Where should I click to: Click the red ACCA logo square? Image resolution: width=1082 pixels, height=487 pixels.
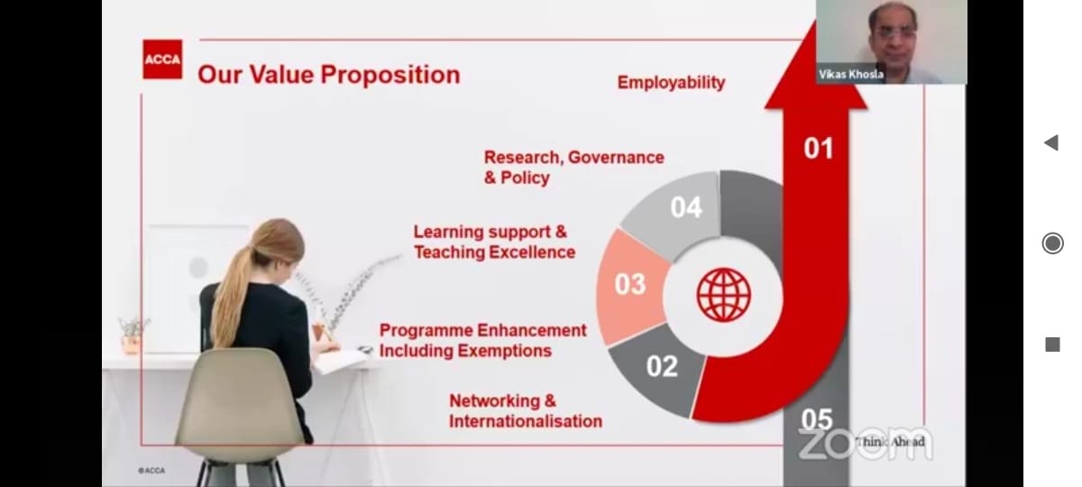162,59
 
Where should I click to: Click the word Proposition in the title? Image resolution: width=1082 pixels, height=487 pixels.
390,76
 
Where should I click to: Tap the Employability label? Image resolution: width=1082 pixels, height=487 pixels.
671,83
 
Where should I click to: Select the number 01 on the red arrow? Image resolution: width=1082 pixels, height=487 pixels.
819,148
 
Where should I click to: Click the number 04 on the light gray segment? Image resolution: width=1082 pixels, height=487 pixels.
686,207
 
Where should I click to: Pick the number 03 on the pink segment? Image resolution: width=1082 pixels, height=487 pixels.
630,284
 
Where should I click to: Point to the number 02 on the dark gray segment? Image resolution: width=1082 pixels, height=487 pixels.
662,366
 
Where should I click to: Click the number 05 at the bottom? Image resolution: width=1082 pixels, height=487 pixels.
817,418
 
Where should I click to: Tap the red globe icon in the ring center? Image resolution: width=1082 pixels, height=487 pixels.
723,295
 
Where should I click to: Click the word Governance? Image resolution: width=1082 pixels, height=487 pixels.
616,158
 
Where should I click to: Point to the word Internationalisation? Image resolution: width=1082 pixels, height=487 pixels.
526,421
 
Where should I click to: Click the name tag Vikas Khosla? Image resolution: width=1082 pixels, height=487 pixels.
851,74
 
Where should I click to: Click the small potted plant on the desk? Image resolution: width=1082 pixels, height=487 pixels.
132,335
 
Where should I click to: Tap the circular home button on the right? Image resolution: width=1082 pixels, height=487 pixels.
1052,243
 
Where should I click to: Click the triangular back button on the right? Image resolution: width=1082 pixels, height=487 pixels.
1051,142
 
